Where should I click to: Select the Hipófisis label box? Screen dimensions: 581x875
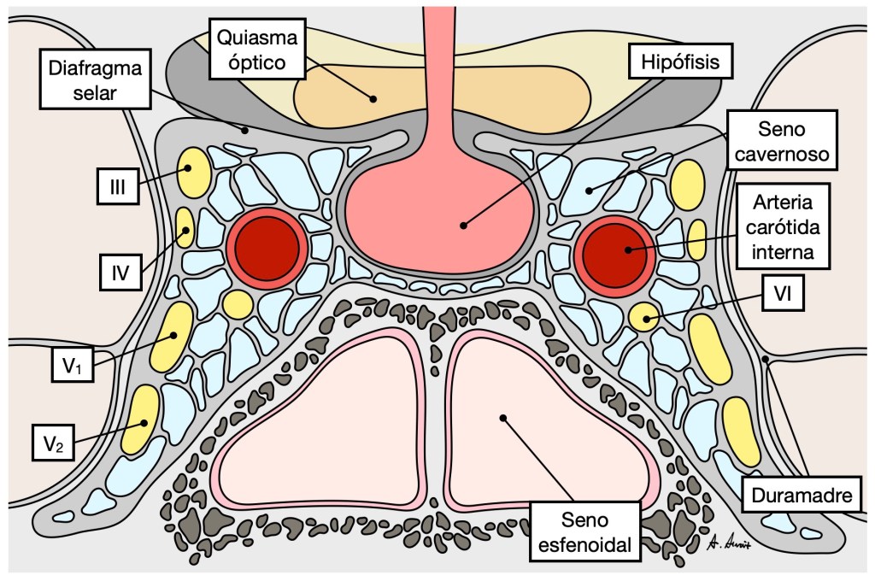coord(669,62)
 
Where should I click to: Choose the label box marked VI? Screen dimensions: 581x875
coord(781,296)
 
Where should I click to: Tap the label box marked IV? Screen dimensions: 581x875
coord(120,274)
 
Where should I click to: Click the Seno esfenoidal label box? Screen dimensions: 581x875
coord(585,532)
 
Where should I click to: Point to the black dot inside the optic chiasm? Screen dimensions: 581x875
coord(373,98)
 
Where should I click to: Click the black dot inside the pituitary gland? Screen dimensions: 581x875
coord(463,226)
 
